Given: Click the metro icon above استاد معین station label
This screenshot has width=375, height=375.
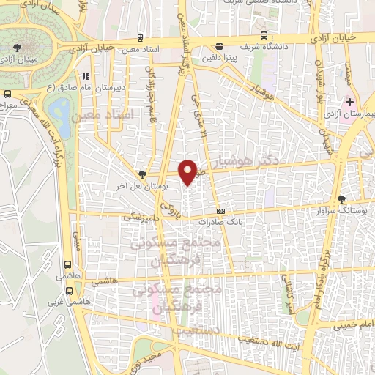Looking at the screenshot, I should [x=141, y=39].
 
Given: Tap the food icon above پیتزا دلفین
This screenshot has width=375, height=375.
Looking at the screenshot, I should [x=212, y=48].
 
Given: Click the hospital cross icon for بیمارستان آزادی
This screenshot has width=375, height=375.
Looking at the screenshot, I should [x=349, y=101].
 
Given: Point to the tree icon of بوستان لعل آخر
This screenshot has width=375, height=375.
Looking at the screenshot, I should [x=141, y=174].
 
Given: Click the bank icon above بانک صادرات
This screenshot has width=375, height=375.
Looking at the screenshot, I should [x=220, y=210].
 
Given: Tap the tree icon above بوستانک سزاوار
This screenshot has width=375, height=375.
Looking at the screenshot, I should [x=342, y=199].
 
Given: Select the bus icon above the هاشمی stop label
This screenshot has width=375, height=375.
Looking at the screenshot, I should [x=67, y=264].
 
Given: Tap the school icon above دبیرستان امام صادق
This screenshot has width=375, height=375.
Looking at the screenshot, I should [x=86, y=75].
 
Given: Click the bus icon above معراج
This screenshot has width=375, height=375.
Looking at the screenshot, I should [x=7, y=94].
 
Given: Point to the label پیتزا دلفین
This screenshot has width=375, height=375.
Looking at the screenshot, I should [x=222, y=58].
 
